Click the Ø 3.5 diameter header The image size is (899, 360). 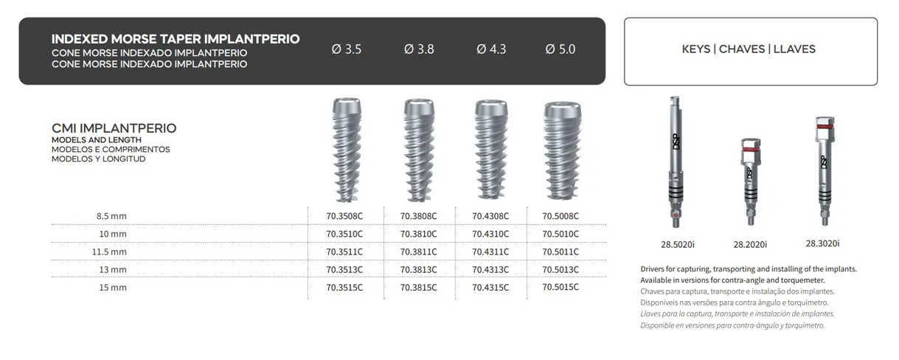pyautogui.click(x=347, y=49)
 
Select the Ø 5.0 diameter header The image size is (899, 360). pyautogui.click(x=560, y=49)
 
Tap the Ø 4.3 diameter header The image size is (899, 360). pyautogui.click(x=491, y=49)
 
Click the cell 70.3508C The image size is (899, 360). pyautogui.click(x=344, y=216)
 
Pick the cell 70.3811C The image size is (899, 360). pyautogui.click(x=419, y=252)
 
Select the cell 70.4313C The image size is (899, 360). pyautogui.click(x=490, y=269)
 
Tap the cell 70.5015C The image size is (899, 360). pyautogui.click(x=560, y=287)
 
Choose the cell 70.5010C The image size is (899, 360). pyautogui.click(x=560, y=234)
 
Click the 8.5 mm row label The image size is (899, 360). pyautogui.click(x=112, y=216)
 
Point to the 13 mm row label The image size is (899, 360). pyautogui.click(x=113, y=269)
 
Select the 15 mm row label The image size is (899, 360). pyautogui.click(x=113, y=287)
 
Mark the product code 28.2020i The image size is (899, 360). pyautogui.click(x=750, y=244)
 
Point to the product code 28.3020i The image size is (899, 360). pyautogui.click(x=822, y=243)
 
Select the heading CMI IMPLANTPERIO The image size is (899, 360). pyautogui.click(x=114, y=128)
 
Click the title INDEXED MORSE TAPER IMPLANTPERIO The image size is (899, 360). pyautogui.click(x=176, y=39)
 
